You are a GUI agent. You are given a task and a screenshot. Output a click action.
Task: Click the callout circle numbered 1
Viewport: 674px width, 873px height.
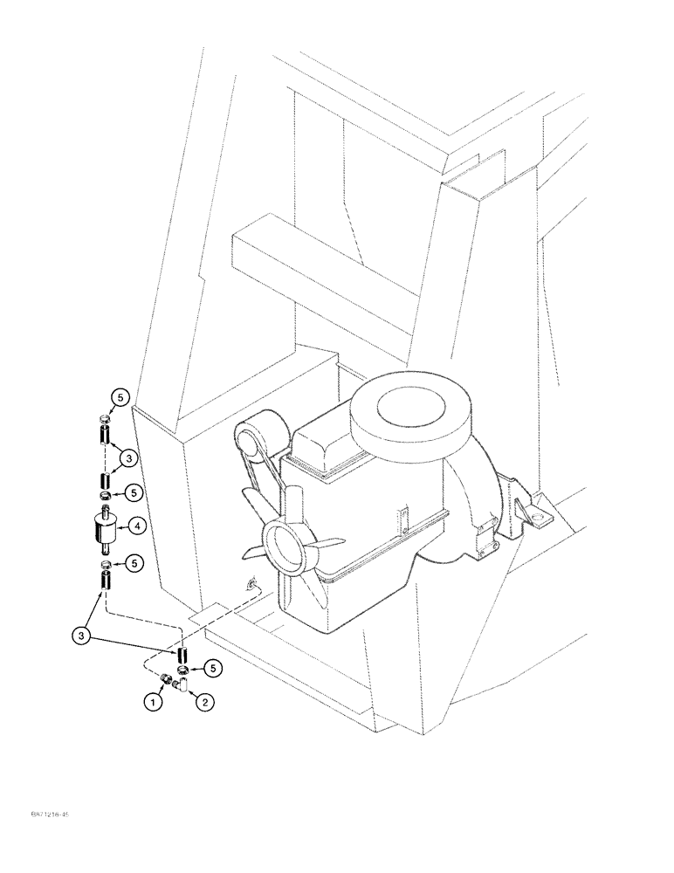pyautogui.click(x=154, y=700)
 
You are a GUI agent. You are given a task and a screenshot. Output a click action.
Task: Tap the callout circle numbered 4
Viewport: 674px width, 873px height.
pyautogui.click(x=137, y=526)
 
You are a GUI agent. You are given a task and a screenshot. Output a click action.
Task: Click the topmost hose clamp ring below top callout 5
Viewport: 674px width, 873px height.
pyautogui.click(x=104, y=417)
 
